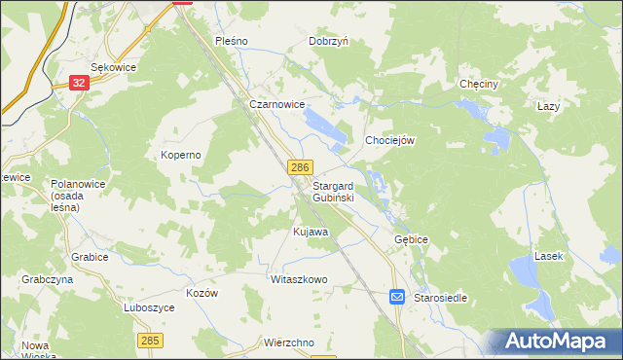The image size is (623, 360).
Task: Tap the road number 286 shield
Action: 300,168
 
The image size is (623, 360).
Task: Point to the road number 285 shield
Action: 150,340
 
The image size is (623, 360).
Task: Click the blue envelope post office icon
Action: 398,297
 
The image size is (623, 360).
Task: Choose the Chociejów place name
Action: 390,140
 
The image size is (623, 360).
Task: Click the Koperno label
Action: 180,155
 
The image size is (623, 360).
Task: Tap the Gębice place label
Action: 412,238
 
